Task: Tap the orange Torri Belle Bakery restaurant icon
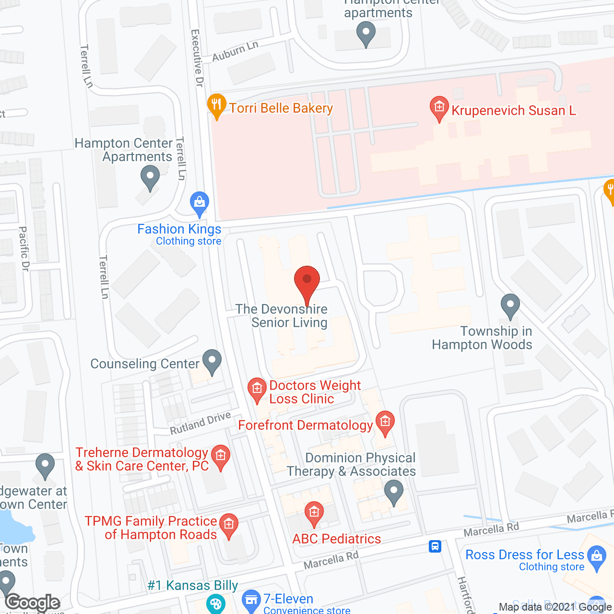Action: pyautogui.click(x=216, y=105)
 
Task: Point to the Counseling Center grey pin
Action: pyautogui.click(x=212, y=361)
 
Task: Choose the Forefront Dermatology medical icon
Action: pyautogui.click(x=385, y=422)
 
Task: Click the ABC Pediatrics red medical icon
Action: pyautogui.click(x=314, y=513)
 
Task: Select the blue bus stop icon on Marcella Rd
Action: pyautogui.click(x=435, y=546)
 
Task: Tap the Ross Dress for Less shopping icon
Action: pyautogui.click(x=596, y=557)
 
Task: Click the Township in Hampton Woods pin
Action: pyautogui.click(x=510, y=305)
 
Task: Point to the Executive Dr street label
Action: pyautogui.click(x=197, y=58)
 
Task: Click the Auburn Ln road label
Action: pyautogui.click(x=235, y=51)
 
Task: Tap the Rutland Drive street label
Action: pyautogui.click(x=201, y=423)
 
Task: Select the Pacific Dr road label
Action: pyautogui.click(x=24, y=249)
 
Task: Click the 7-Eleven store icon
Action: pyautogui.click(x=251, y=601)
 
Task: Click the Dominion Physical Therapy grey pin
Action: pyautogui.click(x=394, y=492)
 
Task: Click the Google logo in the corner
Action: pyautogui.click(x=33, y=602)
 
